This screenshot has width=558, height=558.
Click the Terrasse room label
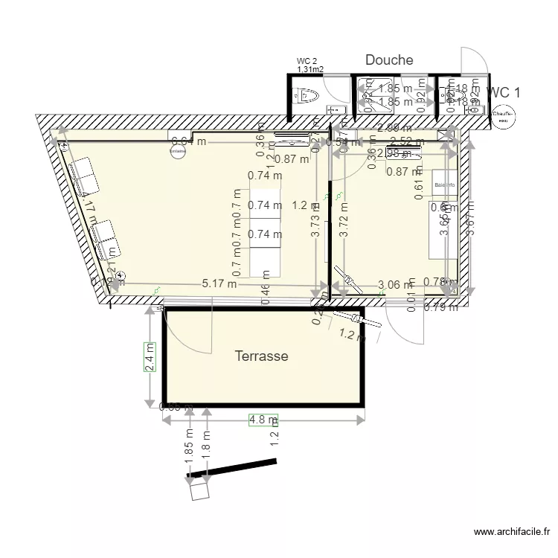(261, 356)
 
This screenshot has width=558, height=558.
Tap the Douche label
(388, 60)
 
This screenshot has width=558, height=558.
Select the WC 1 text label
(504, 92)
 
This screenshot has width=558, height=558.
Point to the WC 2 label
(307, 61)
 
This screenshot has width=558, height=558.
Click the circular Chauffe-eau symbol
(502, 116)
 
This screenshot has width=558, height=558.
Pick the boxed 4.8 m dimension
(263, 420)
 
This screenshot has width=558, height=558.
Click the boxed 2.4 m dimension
(150, 357)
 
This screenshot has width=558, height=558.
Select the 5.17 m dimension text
(219, 283)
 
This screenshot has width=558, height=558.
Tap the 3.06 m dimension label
(395, 284)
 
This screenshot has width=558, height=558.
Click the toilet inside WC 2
(307, 94)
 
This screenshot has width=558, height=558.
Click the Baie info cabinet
(445, 185)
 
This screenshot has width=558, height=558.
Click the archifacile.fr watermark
(512, 533)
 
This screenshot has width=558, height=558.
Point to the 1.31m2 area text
(309, 69)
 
